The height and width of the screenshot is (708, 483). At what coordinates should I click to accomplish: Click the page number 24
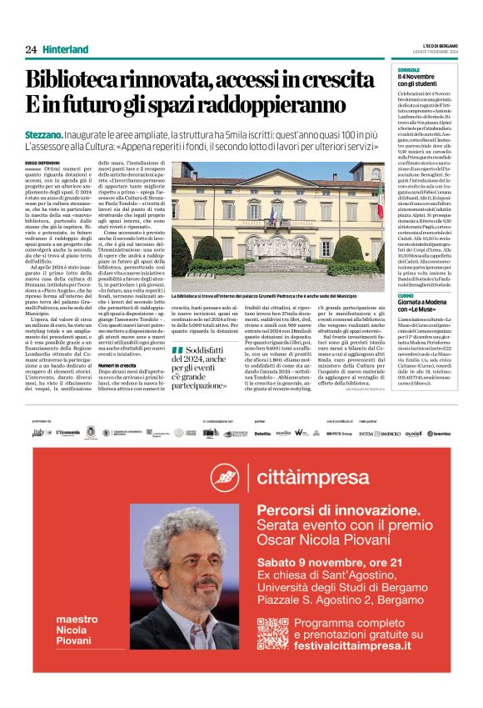31,49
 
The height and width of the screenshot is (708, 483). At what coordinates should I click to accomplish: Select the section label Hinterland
66,49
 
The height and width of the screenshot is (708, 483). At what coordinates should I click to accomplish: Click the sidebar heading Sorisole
409,70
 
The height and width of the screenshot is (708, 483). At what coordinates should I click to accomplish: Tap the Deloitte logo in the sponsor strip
262,433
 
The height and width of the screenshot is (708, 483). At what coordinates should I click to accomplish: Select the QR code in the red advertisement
272,633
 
